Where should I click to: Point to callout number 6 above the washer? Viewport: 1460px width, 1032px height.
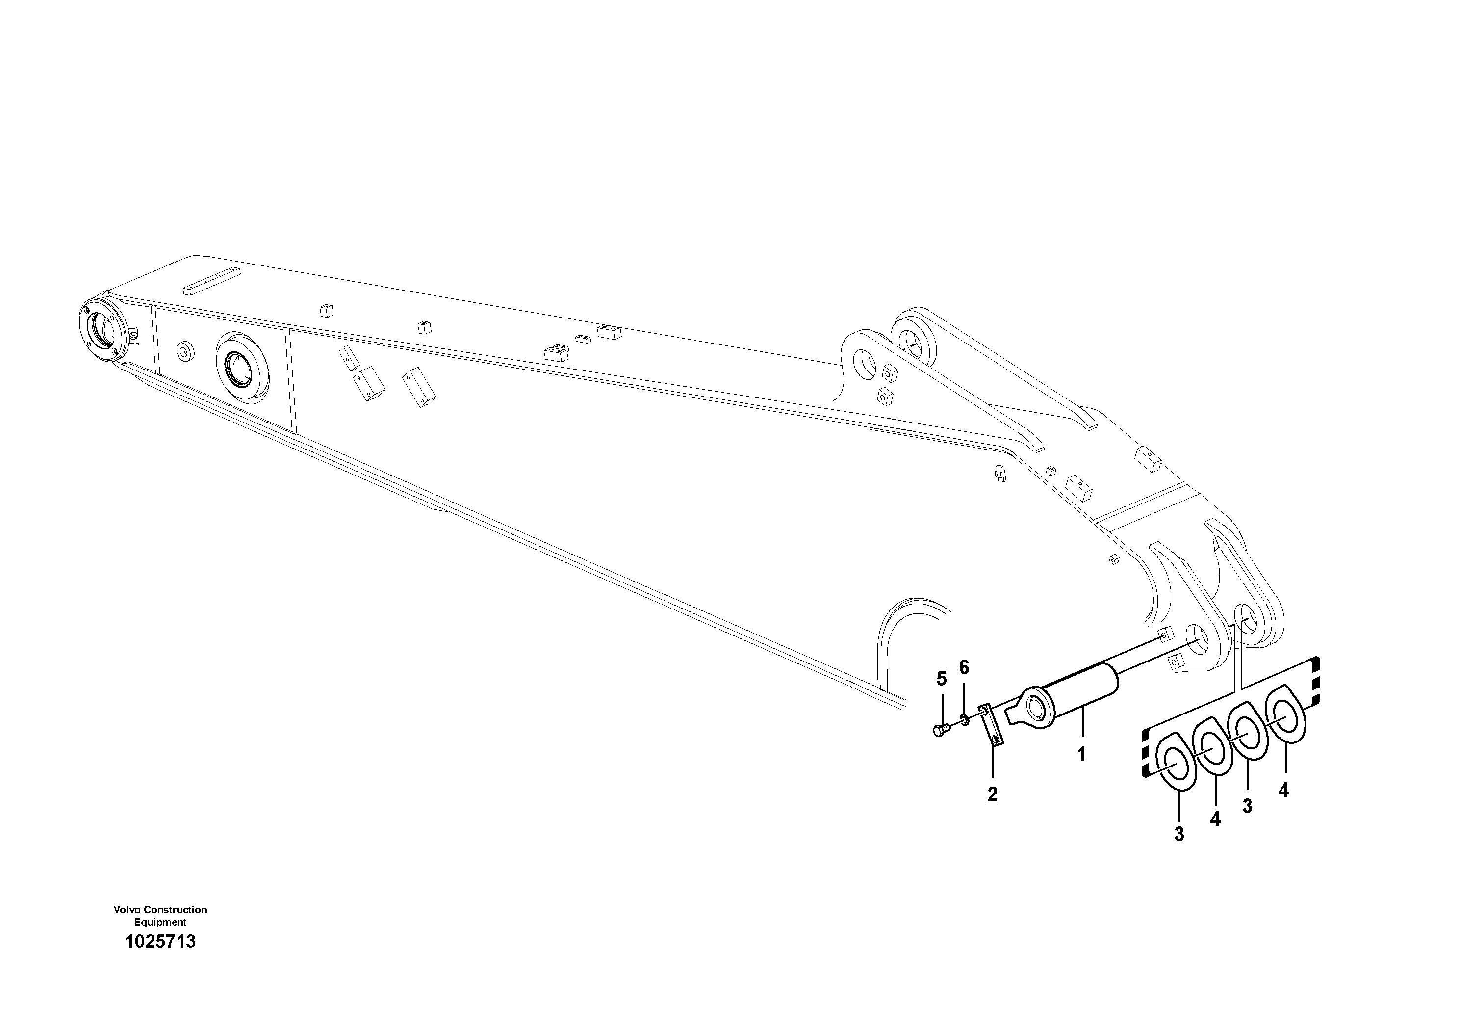tap(964, 667)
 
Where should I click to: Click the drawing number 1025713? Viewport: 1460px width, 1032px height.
tap(160, 942)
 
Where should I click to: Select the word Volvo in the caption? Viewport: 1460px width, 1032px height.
tap(127, 910)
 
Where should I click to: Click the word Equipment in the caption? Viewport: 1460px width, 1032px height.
tap(160, 922)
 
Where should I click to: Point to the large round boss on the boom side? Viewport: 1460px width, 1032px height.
tap(242, 367)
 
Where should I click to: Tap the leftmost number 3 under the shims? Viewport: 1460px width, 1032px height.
tap(1179, 834)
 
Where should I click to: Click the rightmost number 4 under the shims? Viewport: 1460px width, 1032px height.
tap(1284, 790)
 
